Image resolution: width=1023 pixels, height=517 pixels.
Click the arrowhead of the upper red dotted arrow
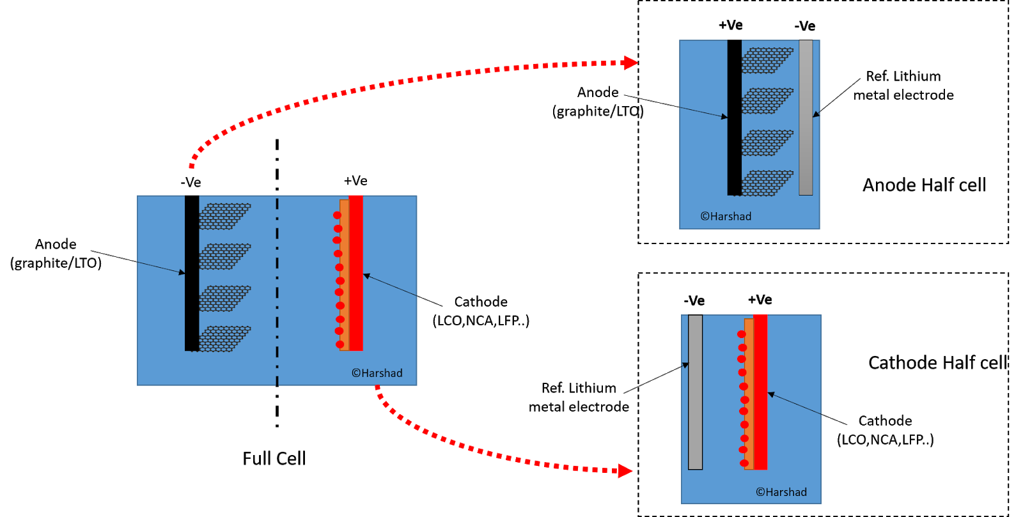tap(630, 63)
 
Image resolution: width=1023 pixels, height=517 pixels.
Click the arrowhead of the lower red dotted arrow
tap(625, 471)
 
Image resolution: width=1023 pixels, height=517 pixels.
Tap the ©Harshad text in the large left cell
tap(377, 373)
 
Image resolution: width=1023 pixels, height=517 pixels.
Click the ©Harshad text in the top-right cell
tap(726, 217)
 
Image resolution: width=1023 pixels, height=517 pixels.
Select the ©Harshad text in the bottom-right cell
tap(781, 492)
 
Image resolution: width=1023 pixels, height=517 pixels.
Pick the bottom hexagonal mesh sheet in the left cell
tap(224, 339)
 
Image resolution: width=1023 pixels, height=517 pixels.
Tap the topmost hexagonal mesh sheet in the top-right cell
tap(767, 61)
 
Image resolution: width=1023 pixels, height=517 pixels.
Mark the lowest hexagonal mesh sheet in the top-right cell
tap(767, 183)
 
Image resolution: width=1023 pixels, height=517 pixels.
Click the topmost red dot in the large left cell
tap(337, 215)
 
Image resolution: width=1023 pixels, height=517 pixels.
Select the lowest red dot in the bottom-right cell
tap(744, 463)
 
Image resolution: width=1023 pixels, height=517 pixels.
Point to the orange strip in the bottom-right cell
tap(749, 396)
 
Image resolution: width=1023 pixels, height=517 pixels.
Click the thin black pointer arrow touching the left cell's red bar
tap(390, 285)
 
